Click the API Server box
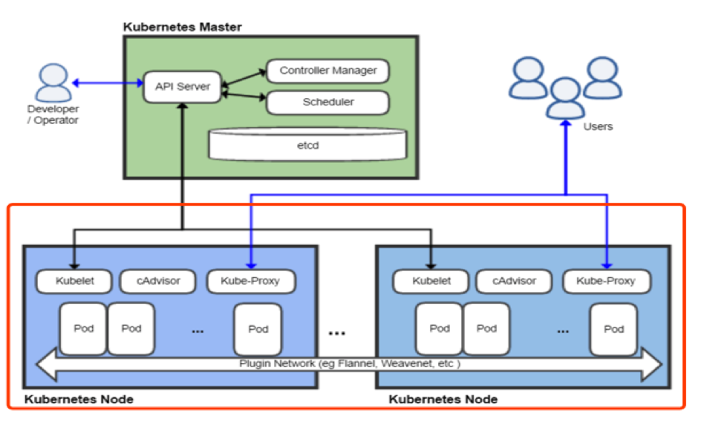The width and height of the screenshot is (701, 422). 183,87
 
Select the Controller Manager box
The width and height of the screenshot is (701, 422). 328,71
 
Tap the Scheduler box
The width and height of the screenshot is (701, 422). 328,102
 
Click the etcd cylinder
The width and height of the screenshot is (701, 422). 307,145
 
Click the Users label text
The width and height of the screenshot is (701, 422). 598,126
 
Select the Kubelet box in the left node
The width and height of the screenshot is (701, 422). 74,282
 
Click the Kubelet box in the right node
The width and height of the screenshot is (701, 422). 431,282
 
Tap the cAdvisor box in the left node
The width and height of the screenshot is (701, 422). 158,282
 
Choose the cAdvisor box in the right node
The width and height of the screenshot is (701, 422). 516,282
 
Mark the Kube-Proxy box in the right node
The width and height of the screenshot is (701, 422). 607,282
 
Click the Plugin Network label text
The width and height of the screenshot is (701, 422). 349,363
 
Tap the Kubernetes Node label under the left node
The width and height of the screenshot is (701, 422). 79,399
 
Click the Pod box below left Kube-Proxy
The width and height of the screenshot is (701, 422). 258,328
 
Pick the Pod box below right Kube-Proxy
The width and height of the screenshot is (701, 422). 614,328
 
